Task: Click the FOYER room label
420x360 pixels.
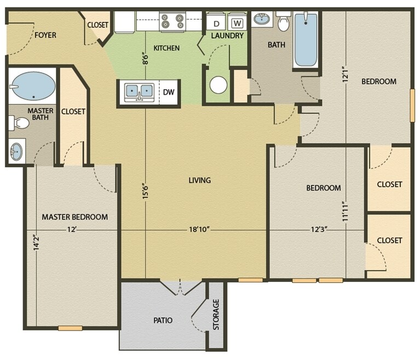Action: click(45, 36)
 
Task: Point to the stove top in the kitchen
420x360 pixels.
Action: click(172, 21)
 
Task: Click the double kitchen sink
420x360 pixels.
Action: click(139, 91)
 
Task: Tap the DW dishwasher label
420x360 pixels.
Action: click(169, 91)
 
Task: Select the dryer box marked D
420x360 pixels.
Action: click(216, 24)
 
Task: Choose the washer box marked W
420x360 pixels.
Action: click(237, 23)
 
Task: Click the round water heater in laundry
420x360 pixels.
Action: click(218, 85)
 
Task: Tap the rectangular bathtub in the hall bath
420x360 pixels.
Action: click(305, 39)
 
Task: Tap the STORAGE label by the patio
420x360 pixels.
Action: click(216, 315)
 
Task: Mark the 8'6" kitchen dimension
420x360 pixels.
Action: click(145, 58)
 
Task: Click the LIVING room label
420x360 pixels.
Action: click(199, 180)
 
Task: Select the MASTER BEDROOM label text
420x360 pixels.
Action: click(75, 217)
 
